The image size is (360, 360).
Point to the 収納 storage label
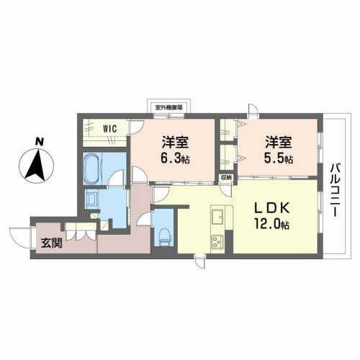coord(225,177)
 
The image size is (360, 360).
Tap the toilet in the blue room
coord(164,233)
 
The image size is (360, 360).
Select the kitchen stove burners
coord(216,240)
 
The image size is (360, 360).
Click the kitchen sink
coord(218,215)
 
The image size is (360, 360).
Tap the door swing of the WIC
coord(135,129)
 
